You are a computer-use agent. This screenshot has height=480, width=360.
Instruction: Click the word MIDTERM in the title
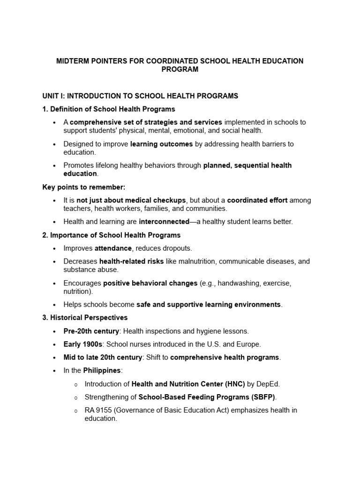[73, 61]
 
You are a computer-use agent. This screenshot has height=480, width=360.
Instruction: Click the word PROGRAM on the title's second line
[180, 69]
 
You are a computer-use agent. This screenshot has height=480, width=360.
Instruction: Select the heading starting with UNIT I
[140, 96]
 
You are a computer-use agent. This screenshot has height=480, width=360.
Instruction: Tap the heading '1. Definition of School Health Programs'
[109, 109]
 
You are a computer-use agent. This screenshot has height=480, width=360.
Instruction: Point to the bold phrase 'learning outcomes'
[161, 144]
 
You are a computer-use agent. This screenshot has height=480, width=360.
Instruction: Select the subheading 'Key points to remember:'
[84, 187]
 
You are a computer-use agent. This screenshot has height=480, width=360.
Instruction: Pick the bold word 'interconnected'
[162, 222]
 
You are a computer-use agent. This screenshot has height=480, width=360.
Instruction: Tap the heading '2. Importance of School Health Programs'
[112, 235]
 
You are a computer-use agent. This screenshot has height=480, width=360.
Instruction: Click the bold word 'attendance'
[113, 248]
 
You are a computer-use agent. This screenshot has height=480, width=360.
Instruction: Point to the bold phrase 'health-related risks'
[132, 261]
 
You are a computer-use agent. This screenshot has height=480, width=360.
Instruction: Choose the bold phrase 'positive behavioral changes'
[150, 283]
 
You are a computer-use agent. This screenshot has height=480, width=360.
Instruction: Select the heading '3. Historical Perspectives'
[85, 317]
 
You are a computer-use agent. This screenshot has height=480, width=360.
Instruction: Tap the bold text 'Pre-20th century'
[91, 331]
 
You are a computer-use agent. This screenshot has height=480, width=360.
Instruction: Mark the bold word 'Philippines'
[102, 370]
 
